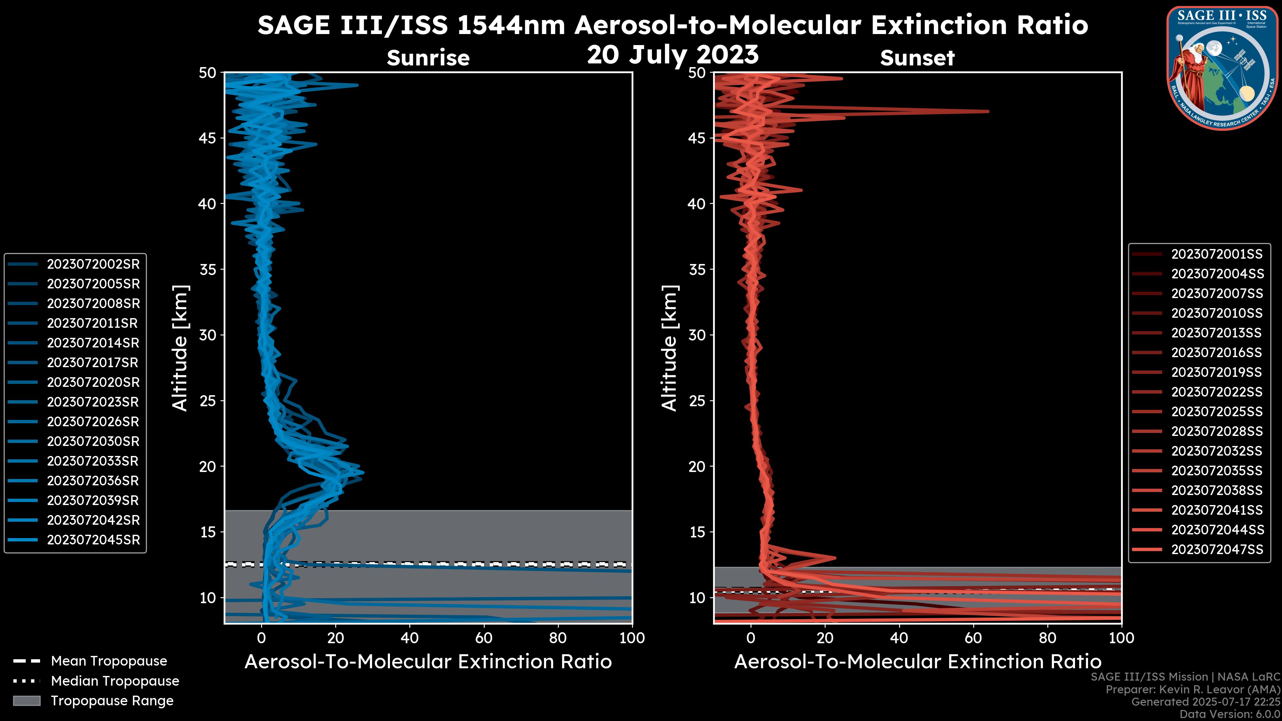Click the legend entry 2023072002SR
(x=93, y=264)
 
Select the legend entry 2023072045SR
(x=93, y=540)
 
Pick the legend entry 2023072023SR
(x=93, y=402)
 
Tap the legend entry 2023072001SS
(x=1216, y=254)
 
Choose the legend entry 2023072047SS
(x=1216, y=549)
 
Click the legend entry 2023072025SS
(x=1216, y=412)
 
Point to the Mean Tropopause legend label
(x=109, y=661)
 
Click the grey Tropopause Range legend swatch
(x=26, y=701)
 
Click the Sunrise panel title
(x=428, y=58)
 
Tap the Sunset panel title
(x=917, y=58)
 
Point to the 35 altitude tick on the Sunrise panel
(x=208, y=270)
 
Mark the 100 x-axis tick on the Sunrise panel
(x=632, y=638)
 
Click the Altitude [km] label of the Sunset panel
(x=670, y=348)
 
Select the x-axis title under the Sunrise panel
(x=428, y=662)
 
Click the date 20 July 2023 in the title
(x=673, y=55)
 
